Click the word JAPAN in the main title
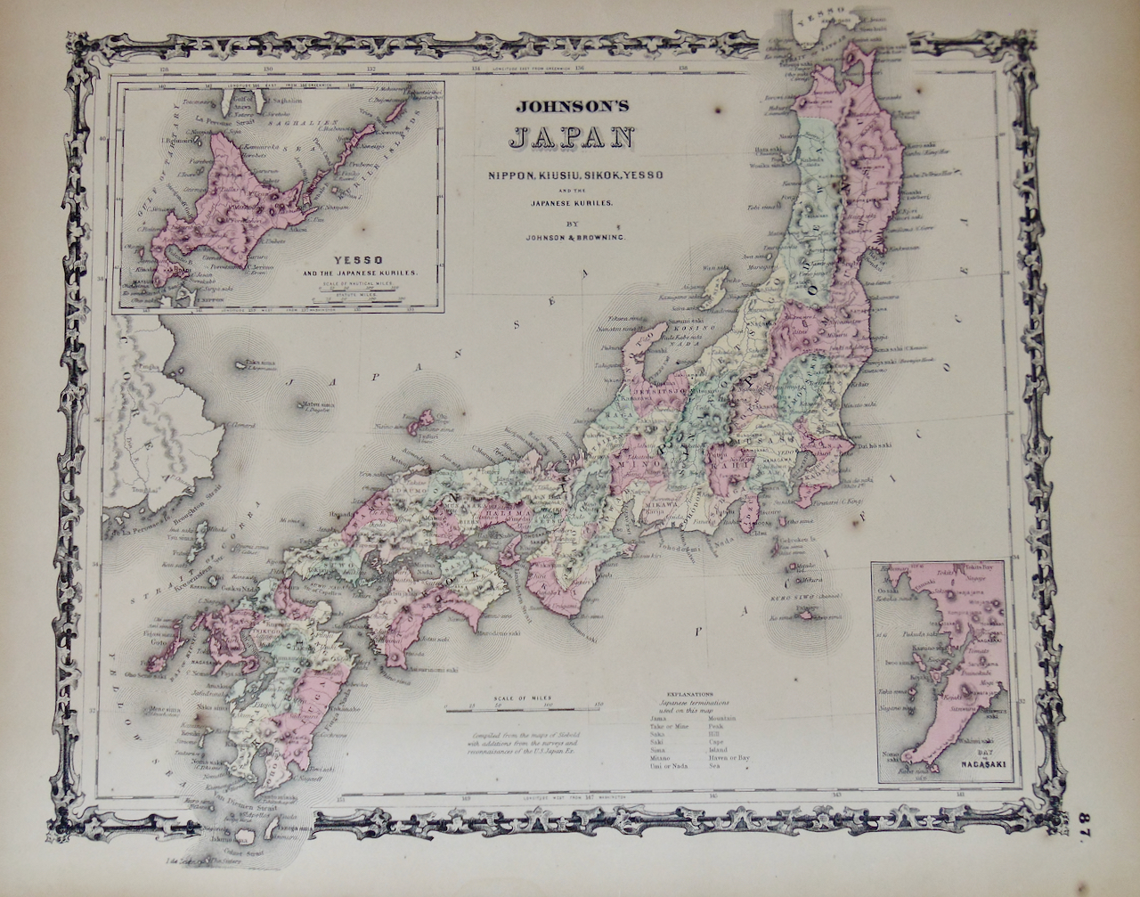570,138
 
